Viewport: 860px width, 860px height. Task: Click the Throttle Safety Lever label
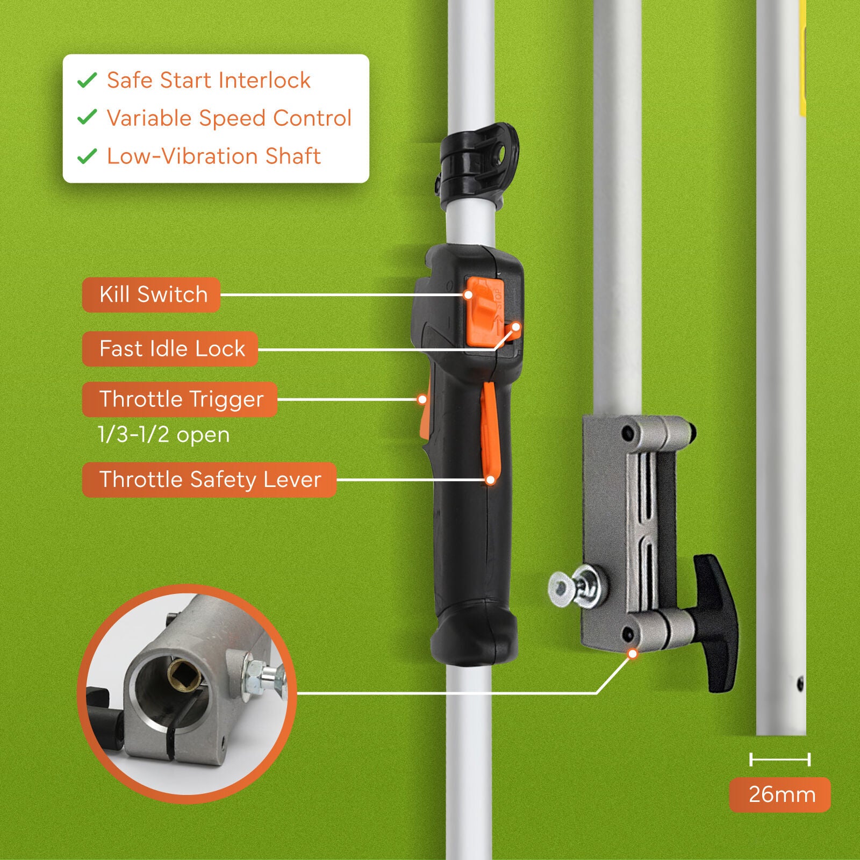tap(209, 479)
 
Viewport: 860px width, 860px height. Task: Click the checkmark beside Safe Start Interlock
tap(87, 80)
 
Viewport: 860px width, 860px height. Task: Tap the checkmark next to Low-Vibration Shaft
tap(87, 156)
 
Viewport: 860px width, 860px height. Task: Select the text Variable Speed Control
tap(229, 118)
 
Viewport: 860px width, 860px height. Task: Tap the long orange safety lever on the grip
tap(490, 430)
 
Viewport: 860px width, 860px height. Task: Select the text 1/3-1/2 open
tap(163, 434)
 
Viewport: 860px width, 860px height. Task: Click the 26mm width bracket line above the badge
tap(779, 759)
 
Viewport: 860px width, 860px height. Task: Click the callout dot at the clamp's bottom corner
tap(633, 654)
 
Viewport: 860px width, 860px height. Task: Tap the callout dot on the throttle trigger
tap(422, 399)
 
